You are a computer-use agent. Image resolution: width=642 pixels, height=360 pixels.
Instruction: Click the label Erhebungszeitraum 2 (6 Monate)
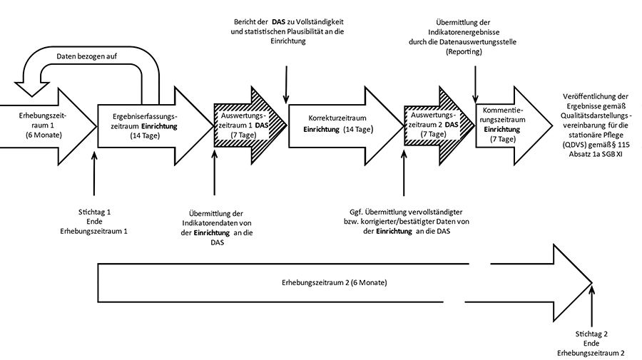click(335, 282)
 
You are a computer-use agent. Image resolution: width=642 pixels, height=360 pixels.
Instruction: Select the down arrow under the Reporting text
click(475, 78)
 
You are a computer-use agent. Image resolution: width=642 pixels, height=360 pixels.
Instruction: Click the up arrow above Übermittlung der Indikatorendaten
click(214, 175)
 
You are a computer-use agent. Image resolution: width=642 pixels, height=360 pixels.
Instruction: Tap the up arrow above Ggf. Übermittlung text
click(404, 175)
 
